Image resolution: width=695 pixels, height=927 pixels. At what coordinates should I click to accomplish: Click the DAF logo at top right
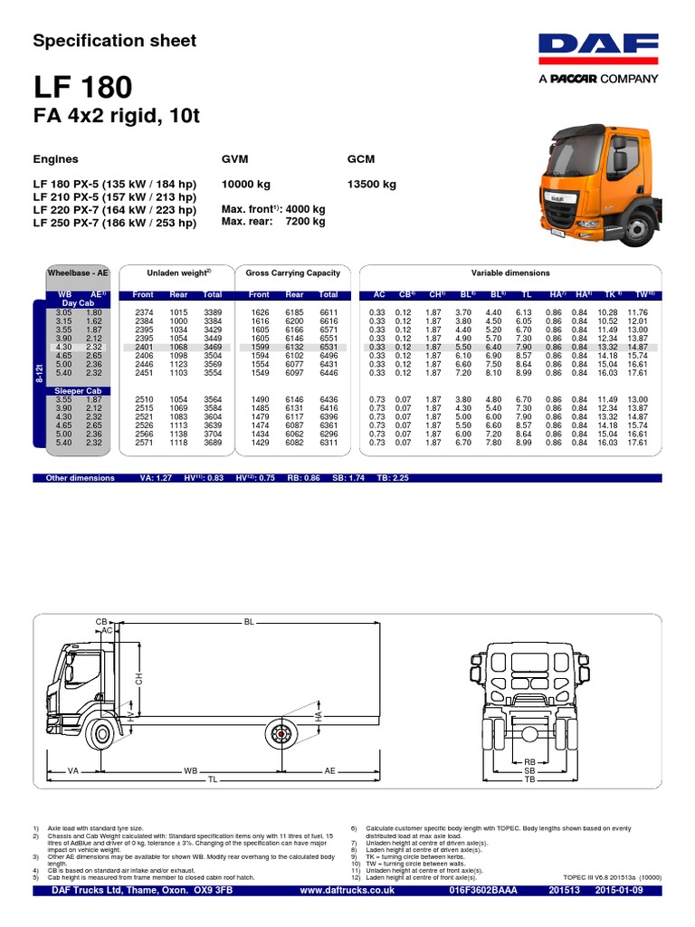[x=598, y=51]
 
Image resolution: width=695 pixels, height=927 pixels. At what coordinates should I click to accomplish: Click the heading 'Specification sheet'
[x=114, y=41]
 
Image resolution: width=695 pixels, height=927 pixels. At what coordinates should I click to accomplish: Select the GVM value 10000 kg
[x=246, y=185]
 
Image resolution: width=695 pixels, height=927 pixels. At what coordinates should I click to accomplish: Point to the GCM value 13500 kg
[x=371, y=185]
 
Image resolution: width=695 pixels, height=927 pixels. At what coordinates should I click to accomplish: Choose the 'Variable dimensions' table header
[x=510, y=272]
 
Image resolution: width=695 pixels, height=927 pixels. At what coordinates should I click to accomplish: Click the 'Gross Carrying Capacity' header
[x=293, y=272]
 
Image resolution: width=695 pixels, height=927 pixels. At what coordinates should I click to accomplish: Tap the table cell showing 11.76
[x=639, y=312]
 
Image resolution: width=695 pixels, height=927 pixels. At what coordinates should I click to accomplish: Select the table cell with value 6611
[x=328, y=312]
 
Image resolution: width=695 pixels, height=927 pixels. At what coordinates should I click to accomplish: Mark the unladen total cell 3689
[x=212, y=443]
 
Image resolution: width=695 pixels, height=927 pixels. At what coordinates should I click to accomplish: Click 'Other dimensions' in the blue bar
[x=81, y=478]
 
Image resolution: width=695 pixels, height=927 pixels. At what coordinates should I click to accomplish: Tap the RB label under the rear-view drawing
[x=530, y=762]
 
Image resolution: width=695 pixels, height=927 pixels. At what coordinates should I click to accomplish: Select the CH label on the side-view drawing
[x=140, y=678]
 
